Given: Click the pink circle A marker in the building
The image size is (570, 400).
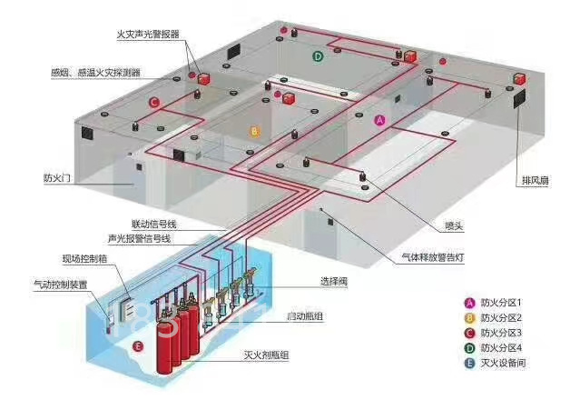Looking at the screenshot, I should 380,120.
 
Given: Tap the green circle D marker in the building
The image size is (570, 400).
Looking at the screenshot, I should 318,56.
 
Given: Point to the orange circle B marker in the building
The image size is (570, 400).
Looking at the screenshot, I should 254,132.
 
